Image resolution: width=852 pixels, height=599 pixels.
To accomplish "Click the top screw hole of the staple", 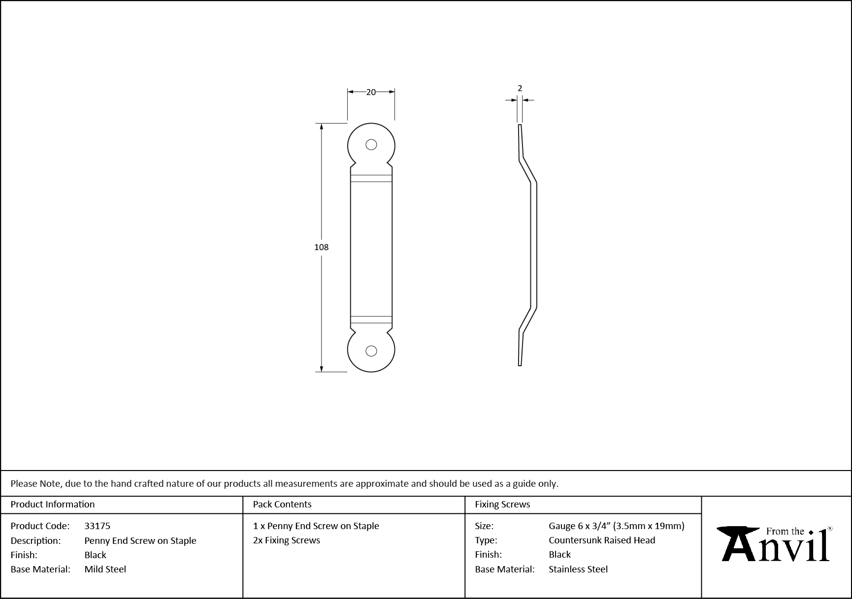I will click(371, 145).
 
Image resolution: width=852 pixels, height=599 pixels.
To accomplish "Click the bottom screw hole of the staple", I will click(371, 351).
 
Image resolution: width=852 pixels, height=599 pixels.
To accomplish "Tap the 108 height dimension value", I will click(321, 247).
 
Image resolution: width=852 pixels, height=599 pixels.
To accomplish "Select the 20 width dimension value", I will click(371, 92).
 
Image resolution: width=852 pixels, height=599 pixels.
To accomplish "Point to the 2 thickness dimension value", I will click(520, 89).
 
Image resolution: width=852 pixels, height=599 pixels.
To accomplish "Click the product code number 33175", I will click(98, 526).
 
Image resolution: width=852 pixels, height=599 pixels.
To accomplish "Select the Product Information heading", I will click(53, 504).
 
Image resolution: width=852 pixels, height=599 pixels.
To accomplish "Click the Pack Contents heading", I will click(282, 504).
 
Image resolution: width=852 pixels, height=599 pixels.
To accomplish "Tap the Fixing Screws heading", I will click(502, 504).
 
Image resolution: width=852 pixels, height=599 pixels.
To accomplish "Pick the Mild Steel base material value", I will click(105, 569).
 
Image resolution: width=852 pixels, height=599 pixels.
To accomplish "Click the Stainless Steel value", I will click(578, 569).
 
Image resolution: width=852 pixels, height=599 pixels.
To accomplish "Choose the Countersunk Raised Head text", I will click(602, 540).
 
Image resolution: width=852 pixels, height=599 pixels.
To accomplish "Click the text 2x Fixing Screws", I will click(287, 540).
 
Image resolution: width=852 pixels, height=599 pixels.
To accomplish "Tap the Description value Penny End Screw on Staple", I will click(140, 540).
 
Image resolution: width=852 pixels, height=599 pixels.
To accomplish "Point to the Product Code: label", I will click(40, 526).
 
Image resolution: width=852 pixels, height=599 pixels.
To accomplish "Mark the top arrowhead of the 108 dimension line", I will click(322, 126).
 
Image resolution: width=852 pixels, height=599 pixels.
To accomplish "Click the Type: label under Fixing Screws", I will click(486, 540).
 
